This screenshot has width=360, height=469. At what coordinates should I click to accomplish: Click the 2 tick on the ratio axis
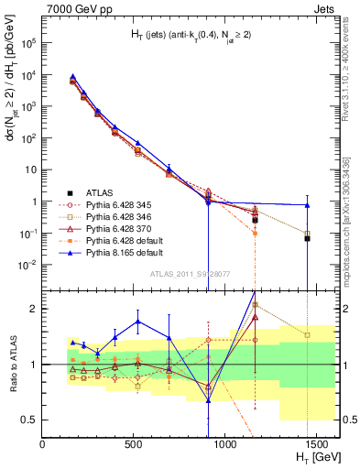click(x=34, y=309)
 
